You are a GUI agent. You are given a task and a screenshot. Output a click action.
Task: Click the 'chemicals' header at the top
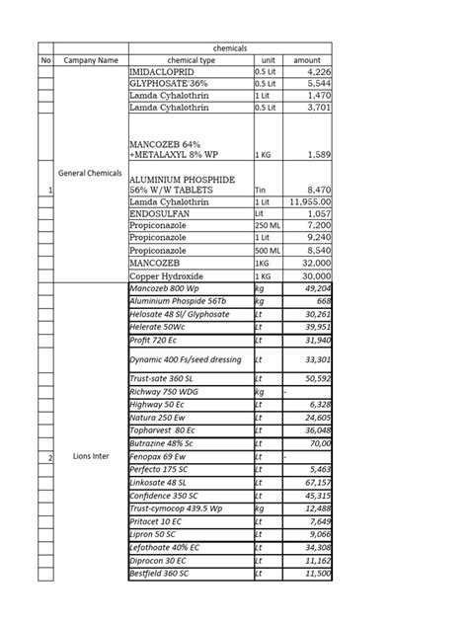229,47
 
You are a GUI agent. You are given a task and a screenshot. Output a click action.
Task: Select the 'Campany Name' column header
90,60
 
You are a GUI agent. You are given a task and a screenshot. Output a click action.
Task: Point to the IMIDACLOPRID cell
163,72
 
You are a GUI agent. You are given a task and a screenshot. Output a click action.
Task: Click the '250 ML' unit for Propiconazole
268,225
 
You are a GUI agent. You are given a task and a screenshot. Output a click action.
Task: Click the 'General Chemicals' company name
90,173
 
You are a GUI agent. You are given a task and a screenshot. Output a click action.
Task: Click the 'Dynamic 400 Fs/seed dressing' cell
188,360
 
